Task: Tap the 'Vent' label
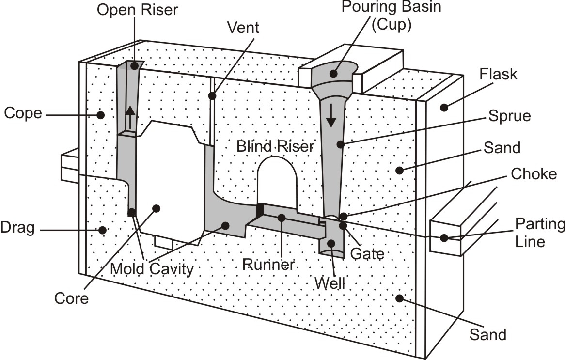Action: click(243, 28)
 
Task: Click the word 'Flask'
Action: click(499, 75)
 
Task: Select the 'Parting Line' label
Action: click(539, 232)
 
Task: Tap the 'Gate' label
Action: click(367, 253)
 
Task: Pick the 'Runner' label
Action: click(269, 265)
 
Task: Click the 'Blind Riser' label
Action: click(275, 146)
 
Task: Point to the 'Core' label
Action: click(71, 297)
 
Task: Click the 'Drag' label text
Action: click(18, 228)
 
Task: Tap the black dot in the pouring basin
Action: click(334, 74)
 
